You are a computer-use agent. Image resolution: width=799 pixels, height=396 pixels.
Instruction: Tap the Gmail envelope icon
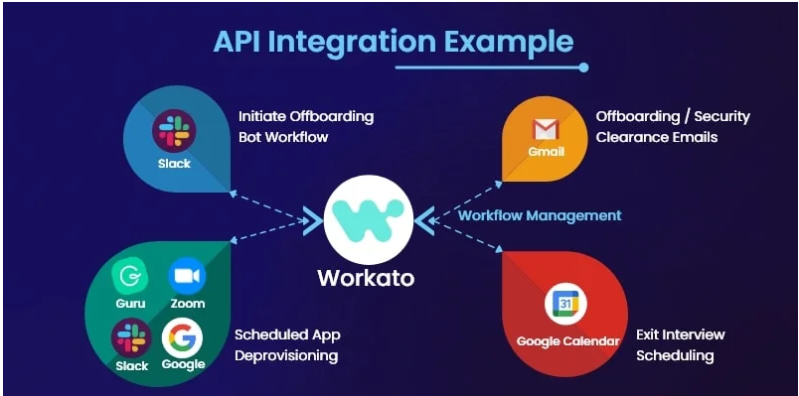[546, 129]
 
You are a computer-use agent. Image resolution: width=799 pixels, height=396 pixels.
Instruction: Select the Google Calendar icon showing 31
[565, 306]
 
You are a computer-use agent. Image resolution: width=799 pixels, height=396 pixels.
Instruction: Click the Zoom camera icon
[187, 276]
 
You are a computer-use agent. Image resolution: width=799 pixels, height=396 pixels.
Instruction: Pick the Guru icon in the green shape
[130, 276]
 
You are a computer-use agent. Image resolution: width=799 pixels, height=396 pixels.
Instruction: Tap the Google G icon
[182, 337]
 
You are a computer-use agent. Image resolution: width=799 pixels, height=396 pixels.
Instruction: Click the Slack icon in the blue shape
[174, 130]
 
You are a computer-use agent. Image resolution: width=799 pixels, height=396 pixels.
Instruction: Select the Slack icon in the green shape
[131, 337]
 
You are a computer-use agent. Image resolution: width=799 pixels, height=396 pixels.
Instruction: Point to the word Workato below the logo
[366, 278]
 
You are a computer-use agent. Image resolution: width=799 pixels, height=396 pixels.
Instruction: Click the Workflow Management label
[540, 215]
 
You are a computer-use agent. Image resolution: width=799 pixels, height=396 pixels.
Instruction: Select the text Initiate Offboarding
[306, 116]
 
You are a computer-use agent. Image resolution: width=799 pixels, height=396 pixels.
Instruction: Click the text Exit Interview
[680, 334]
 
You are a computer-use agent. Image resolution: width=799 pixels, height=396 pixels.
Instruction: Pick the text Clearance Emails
[656, 137]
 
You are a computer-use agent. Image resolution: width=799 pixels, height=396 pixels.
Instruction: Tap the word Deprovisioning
[286, 355]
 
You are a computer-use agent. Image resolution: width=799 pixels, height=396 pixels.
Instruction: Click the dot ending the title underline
[583, 67]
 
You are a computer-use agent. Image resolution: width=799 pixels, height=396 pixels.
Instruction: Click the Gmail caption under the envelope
[546, 152]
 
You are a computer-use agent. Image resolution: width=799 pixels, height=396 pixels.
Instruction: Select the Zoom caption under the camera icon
[187, 304]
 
